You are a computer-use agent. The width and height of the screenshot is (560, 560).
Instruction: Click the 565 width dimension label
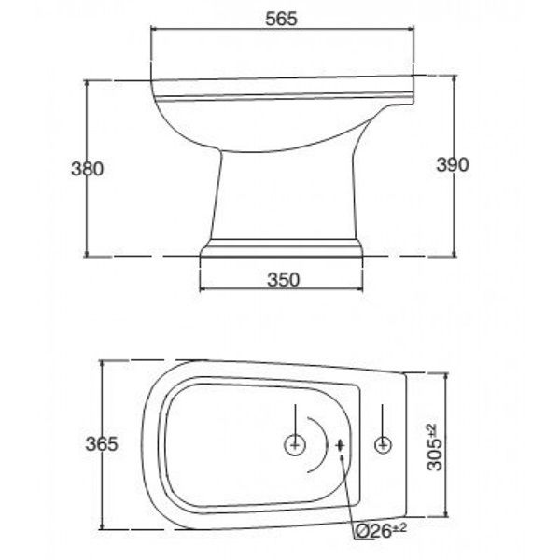[281, 19]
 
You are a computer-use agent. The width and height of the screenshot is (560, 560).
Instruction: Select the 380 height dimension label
[88, 169]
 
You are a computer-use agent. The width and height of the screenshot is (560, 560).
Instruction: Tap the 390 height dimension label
[452, 165]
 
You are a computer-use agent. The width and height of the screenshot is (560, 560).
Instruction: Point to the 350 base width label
[284, 280]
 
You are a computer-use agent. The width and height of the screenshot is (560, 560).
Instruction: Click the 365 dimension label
[102, 444]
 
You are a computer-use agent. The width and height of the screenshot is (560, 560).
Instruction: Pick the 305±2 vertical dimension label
[434, 447]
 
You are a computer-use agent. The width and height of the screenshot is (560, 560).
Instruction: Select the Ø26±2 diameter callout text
[381, 532]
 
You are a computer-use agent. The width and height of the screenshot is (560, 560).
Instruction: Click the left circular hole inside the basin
[295, 445]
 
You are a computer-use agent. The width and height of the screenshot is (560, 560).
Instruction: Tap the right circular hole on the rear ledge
[383, 445]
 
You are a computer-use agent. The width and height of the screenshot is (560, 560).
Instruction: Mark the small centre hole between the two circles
[340, 445]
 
